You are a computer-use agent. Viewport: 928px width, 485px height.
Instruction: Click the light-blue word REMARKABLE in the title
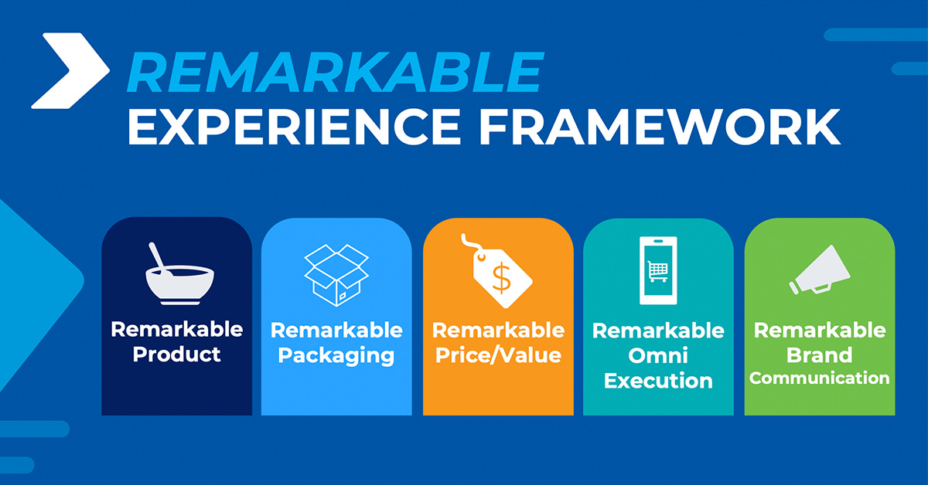(x=335, y=73)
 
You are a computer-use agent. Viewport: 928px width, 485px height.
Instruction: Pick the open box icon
(x=336, y=275)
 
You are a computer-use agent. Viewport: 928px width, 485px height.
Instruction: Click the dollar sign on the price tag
(x=502, y=278)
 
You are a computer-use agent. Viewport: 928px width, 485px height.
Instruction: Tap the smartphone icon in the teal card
(x=658, y=270)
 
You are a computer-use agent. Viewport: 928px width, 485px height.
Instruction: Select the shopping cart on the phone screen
(x=658, y=272)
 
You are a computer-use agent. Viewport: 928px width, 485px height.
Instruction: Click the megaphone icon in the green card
(x=820, y=270)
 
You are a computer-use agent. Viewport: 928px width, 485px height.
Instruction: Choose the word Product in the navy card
(x=176, y=354)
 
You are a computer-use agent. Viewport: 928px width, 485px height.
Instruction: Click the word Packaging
(x=336, y=356)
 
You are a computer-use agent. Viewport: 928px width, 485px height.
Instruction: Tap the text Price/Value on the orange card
(x=498, y=355)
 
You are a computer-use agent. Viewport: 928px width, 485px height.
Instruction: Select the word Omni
(x=658, y=355)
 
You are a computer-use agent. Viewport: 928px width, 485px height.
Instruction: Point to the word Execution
(x=658, y=381)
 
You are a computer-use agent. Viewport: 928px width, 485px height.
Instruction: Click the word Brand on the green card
(x=820, y=355)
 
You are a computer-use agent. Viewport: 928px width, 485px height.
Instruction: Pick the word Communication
(x=820, y=378)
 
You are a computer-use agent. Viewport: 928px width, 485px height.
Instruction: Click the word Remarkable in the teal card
(x=658, y=331)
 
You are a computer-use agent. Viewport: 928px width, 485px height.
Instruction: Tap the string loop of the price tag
(x=473, y=244)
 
